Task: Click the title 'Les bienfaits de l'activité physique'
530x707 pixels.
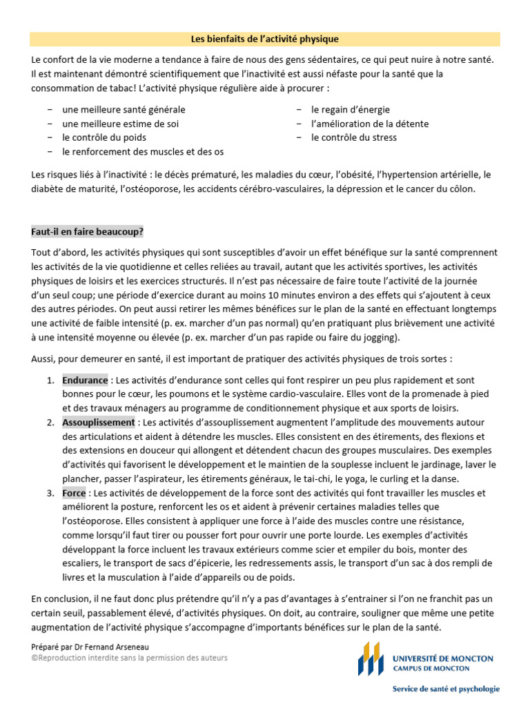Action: tap(265, 39)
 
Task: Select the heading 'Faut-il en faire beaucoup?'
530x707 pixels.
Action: tap(87, 232)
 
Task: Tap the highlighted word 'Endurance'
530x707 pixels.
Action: tap(85, 380)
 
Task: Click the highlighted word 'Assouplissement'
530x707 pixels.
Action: tap(98, 423)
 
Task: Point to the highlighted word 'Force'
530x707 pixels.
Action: tap(74, 493)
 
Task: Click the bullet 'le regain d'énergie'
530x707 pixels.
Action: tap(350, 110)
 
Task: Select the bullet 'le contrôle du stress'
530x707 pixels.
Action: tap(353, 137)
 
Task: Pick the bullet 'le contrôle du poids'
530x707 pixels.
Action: tap(104, 137)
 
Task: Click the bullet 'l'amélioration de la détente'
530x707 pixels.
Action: tap(369, 124)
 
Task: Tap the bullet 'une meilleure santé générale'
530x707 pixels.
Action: tap(123, 110)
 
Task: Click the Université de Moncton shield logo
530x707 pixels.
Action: tap(370, 659)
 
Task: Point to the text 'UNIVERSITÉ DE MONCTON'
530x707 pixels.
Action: tap(443, 659)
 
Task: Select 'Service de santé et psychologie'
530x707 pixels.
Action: tap(446, 688)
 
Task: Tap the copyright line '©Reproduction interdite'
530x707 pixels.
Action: tap(129, 658)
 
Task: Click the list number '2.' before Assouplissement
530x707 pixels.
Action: tap(51, 423)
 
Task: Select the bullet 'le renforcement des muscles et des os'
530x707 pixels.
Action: tap(142, 151)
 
